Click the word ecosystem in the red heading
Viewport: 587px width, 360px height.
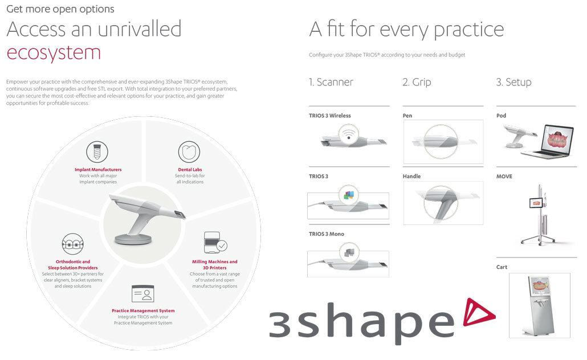(54, 52)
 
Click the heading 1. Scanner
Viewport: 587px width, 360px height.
(331, 83)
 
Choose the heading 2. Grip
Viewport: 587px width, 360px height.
(417, 83)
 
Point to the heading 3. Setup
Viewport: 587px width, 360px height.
(513, 83)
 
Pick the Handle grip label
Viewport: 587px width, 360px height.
(411, 177)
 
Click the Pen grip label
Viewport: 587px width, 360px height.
(407, 116)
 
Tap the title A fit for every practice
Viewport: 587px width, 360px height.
(406, 29)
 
